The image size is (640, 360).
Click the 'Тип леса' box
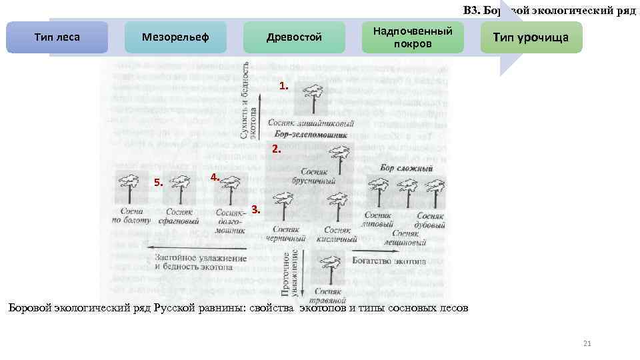(57, 37)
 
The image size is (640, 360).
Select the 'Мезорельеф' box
(175, 37)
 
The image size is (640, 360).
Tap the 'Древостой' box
(294, 37)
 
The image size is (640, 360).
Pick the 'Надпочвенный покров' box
(413, 37)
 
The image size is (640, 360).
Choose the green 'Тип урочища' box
(531, 37)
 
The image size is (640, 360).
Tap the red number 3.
(257, 209)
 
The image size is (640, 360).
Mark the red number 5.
(158, 182)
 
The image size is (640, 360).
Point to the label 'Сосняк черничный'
(285, 234)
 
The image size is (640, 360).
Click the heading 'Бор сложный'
(407, 169)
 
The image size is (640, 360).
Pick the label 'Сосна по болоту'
(130, 215)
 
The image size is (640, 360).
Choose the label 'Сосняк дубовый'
(430, 220)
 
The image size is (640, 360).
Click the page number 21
(587, 343)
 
